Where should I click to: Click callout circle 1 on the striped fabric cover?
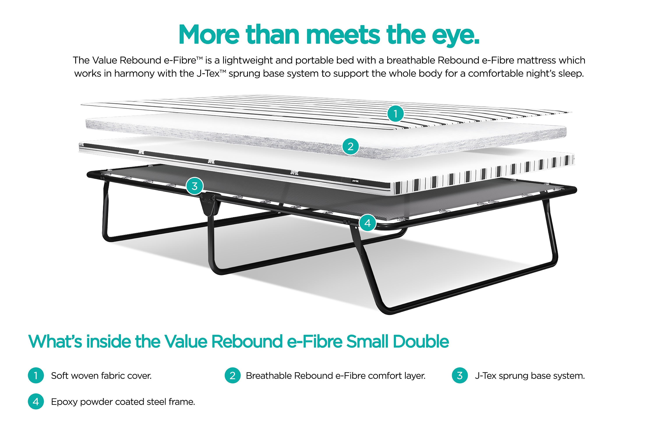click(x=395, y=114)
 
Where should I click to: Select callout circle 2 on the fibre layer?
click(x=350, y=146)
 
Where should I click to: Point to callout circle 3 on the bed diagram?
click(x=195, y=186)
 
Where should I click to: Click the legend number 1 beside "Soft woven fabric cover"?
click(x=36, y=375)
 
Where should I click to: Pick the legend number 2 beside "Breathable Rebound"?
click(x=232, y=375)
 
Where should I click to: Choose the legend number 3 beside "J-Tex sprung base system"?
click(x=460, y=375)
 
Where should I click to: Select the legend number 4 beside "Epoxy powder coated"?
click(x=36, y=401)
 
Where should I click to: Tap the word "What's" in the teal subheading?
click(x=55, y=341)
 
